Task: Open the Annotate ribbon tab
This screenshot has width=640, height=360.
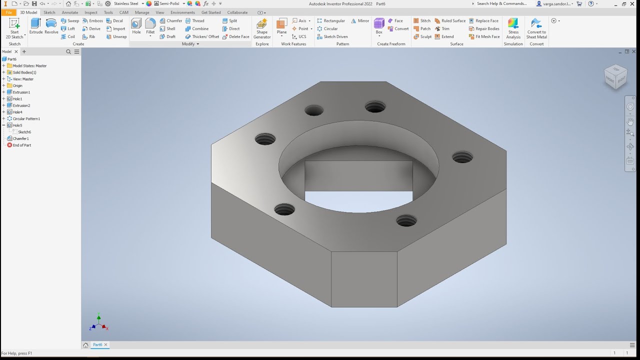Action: coord(70,12)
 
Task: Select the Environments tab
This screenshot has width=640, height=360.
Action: coord(182,12)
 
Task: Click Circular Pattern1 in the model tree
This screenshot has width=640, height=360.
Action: coord(26,119)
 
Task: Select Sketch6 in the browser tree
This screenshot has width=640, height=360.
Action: coord(24,132)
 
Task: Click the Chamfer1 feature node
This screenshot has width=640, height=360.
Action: coord(20,138)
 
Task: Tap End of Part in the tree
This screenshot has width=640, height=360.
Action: coord(21,145)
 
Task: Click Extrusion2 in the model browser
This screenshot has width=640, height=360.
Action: coord(21,105)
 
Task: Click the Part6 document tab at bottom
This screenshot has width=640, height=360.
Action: coord(97,344)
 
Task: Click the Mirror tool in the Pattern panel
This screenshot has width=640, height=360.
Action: coord(360,21)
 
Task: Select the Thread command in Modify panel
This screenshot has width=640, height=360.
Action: coord(195,21)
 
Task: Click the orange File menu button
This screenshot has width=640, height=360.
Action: coord(8,12)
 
